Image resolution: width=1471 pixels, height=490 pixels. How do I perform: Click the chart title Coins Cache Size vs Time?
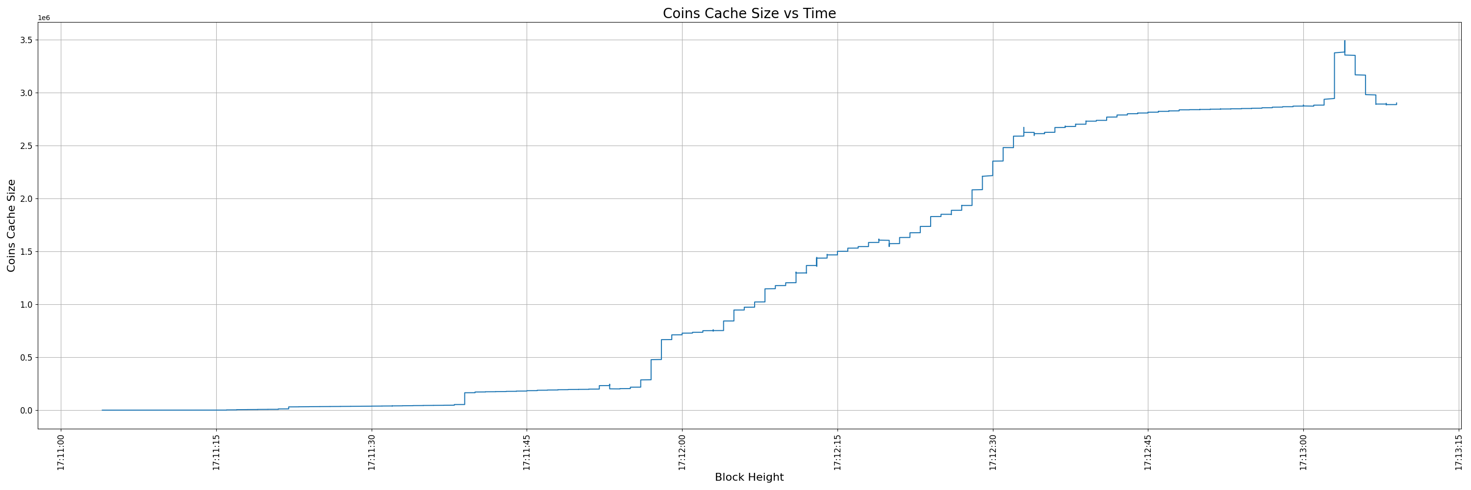(749, 14)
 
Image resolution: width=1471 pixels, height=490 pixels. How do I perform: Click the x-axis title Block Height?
(749, 477)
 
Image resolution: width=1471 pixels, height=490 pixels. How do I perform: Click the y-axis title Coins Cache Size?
(11, 225)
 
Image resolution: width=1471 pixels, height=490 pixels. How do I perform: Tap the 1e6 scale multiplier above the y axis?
(44, 18)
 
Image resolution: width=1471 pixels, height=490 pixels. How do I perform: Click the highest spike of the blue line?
(1345, 41)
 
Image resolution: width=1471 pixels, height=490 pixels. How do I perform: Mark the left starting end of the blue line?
(102, 410)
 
